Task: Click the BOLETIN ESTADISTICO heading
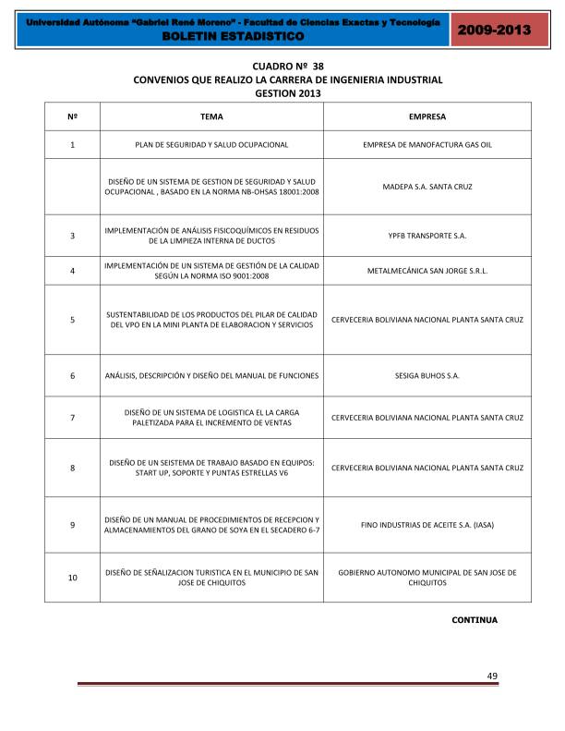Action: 232,35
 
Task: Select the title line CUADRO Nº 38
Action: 288,67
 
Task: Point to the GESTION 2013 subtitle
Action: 288,93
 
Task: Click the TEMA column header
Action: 211,117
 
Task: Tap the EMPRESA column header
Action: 427,117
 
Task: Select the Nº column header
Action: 72,117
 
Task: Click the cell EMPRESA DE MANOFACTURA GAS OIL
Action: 427,145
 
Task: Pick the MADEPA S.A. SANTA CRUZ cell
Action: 427,187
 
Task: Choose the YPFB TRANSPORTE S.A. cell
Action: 427,236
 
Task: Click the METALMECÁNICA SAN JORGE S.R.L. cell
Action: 427,271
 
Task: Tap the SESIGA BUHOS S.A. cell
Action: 427,376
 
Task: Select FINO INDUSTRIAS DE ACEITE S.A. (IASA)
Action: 427,525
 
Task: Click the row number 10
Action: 72,578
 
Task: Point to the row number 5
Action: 72,320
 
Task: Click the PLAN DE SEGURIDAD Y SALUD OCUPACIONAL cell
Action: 211,145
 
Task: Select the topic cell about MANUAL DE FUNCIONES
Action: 211,376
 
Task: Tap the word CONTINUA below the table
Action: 474,620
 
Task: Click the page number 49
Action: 492,676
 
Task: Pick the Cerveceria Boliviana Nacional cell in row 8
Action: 427,468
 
